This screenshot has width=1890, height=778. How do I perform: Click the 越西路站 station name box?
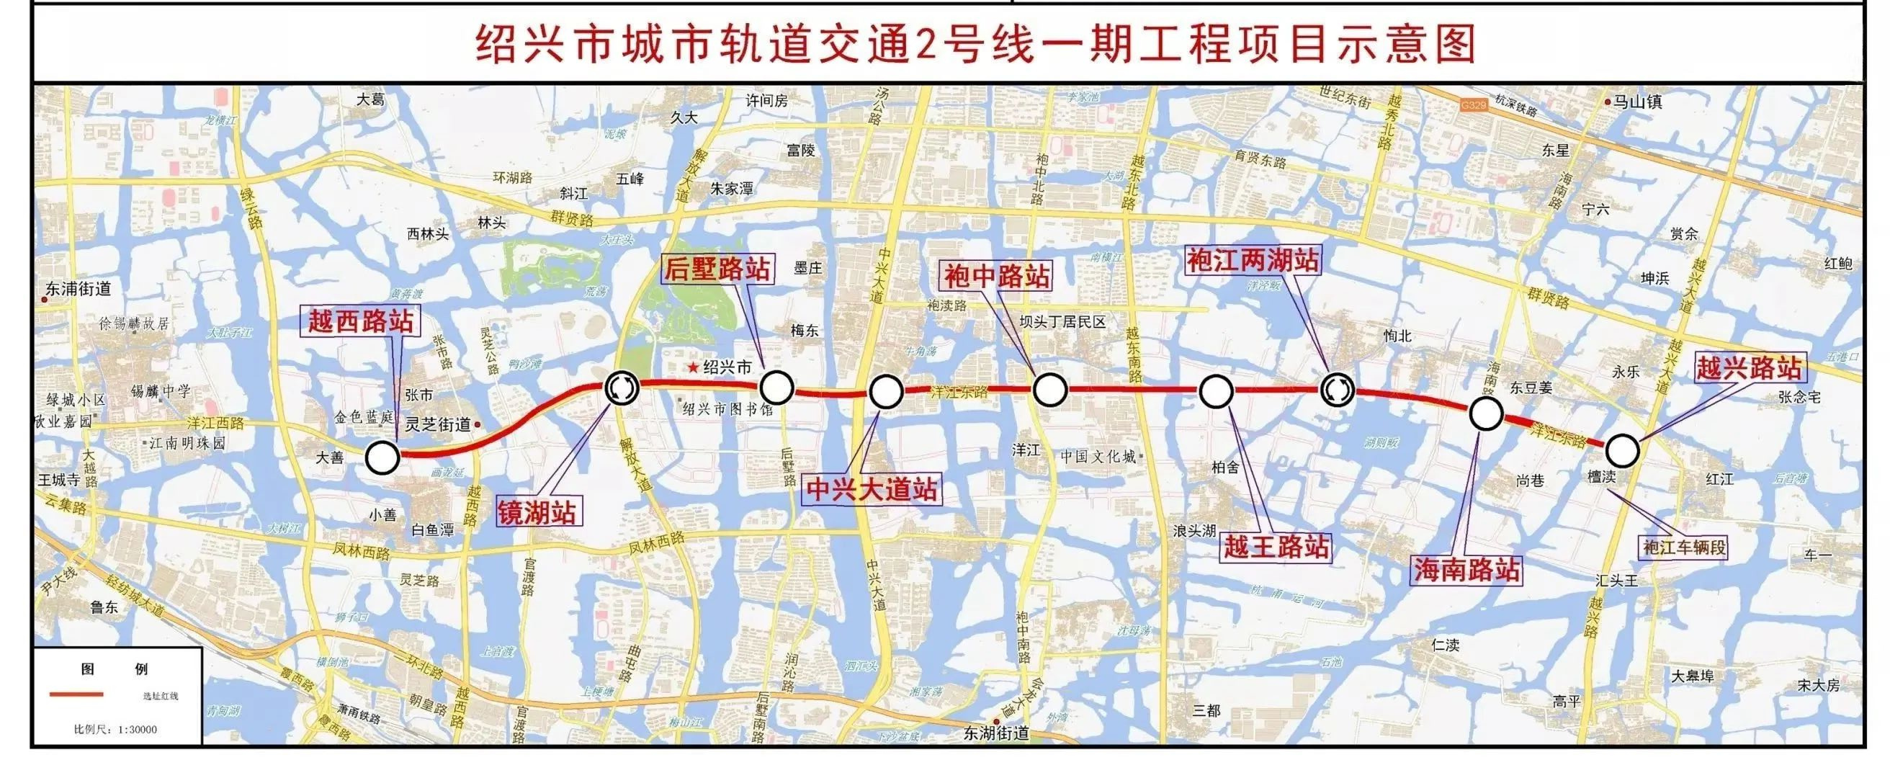pos(360,321)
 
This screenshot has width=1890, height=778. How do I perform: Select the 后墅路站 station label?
pos(717,269)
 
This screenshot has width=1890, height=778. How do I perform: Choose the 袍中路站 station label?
pos(996,276)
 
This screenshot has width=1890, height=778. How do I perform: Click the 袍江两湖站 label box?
pos(1253,261)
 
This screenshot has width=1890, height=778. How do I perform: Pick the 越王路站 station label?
pos(1276,546)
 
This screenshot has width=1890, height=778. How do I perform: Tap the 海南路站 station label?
pos(1466,571)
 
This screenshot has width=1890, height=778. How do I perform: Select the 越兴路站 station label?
pos(1748,367)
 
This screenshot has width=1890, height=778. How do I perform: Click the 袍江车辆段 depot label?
pos(1685,547)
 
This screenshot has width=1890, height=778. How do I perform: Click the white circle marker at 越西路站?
pos(382,457)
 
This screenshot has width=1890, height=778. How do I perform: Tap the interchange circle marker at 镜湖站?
pos(622,388)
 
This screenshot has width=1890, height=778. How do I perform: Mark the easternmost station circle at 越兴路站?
pos(1622,451)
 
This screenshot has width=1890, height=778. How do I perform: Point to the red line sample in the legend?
pos(76,694)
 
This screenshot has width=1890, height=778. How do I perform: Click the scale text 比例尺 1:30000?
pos(115,730)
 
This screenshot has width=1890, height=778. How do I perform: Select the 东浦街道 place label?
pos(78,289)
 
